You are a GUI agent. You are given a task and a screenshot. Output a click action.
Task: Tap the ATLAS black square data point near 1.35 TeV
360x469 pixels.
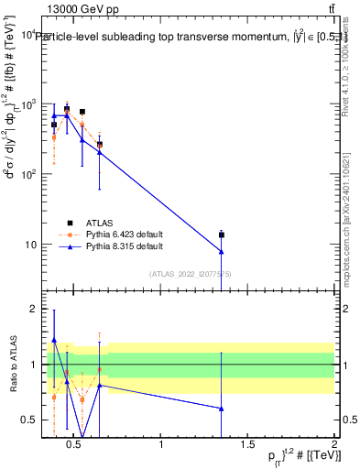pyautogui.click(x=222, y=235)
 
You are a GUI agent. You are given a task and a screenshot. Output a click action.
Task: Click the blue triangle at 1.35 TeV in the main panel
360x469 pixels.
pyautogui.click(x=222, y=252)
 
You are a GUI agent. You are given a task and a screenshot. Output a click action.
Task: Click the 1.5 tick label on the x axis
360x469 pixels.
pyautogui.click(x=247, y=445)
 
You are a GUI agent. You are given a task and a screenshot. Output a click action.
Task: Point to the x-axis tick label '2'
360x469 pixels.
pyautogui.click(x=334, y=445)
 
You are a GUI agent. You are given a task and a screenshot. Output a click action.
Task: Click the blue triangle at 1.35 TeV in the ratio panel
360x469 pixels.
pyautogui.click(x=222, y=409)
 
